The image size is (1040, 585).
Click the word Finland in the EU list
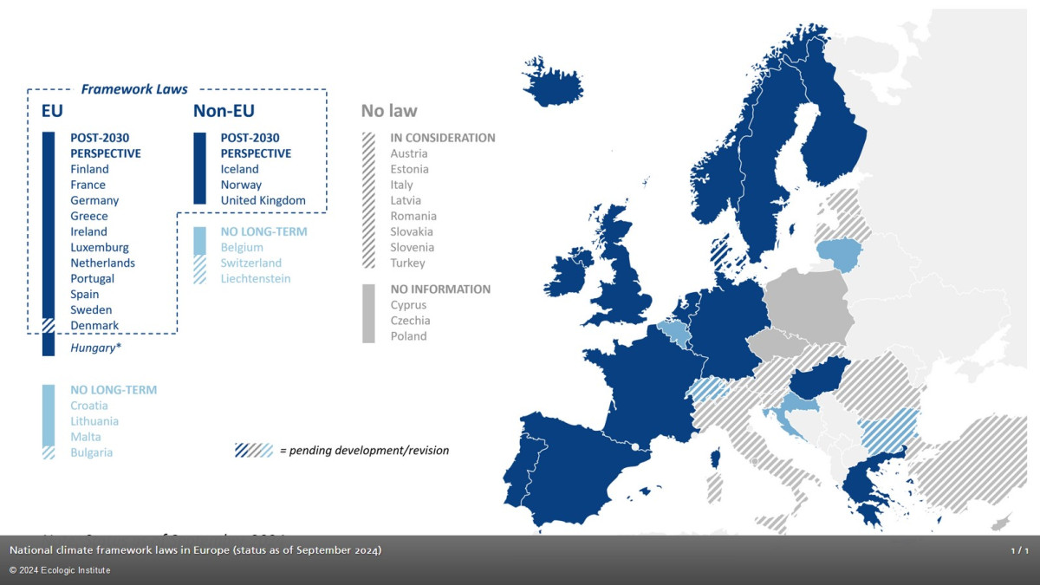click(89, 169)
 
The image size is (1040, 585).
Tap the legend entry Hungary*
click(94, 348)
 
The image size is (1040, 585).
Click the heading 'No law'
click(389, 111)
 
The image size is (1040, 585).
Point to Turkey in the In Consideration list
click(407, 263)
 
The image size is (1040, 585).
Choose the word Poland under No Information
click(408, 336)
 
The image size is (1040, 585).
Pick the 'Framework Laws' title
click(134, 89)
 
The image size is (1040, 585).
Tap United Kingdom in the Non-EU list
click(263, 200)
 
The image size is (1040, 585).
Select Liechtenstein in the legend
click(256, 278)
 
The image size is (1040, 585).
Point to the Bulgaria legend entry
click(91, 452)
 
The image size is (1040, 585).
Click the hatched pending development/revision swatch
click(254, 451)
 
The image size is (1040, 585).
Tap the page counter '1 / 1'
click(1019, 551)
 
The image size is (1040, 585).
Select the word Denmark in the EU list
click(94, 325)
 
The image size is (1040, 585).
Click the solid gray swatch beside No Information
click(368, 313)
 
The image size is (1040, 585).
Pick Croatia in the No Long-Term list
click(89, 406)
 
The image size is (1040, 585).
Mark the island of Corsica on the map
click(717, 458)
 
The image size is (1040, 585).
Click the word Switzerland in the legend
click(250, 263)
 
